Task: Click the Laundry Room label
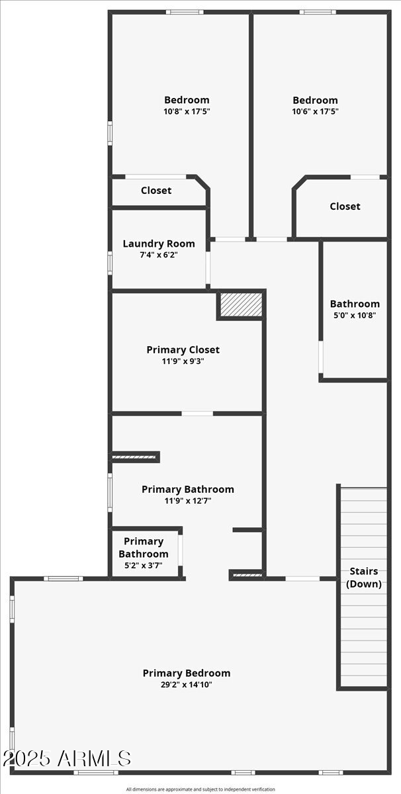(x=159, y=243)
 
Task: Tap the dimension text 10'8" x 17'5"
(x=187, y=112)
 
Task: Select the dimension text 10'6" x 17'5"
(x=315, y=112)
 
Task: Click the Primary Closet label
(x=183, y=349)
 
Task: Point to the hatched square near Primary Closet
(x=241, y=304)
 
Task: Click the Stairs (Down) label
(x=364, y=577)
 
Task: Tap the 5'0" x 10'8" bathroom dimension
(x=354, y=316)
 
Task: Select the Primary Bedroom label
(x=187, y=673)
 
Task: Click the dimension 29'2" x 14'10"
(x=187, y=685)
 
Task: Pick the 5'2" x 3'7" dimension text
(x=144, y=566)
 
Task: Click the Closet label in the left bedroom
(x=156, y=191)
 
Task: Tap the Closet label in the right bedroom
(x=345, y=206)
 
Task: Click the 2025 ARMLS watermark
(x=66, y=758)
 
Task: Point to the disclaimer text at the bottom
(x=200, y=789)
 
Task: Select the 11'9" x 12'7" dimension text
(x=187, y=501)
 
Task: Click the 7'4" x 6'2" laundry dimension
(x=159, y=255)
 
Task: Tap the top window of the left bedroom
(x=184, y=12)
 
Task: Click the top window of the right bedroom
(x=316, y=12)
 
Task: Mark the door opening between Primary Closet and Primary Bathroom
(x=197, y=414)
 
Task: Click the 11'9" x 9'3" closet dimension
(x=183, y=361)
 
